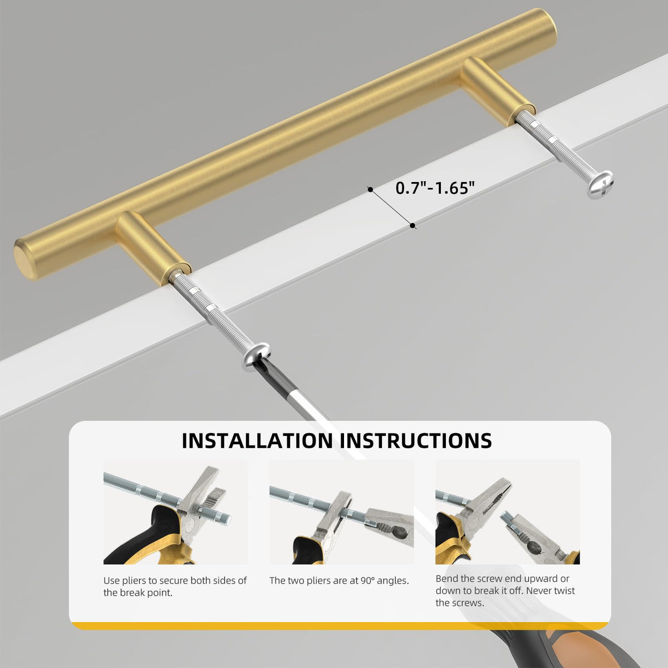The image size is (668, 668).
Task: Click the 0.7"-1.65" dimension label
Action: (x=435, y=188)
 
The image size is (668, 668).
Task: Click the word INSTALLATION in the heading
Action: (x=257, y=440)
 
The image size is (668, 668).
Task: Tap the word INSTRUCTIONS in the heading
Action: (x=416, y=440)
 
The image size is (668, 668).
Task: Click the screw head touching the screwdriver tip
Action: (x=256, y=356)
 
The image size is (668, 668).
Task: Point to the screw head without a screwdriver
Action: (x=600, y=184)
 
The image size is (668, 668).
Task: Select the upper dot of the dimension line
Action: (x=370, y=190)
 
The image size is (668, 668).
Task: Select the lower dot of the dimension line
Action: (x=412, y=225)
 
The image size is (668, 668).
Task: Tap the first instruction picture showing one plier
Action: (x=175, y=512)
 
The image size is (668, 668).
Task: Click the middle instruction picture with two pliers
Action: (x=341, y=512)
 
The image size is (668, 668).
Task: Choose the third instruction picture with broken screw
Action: (x=508, y=512)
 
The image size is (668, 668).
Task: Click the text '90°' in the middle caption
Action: (x=367, y=581)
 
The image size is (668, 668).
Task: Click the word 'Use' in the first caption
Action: (x=111, y=581)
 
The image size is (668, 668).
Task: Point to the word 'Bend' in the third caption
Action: (x=446, y=578)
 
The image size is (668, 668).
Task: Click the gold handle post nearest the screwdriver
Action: (x=153, y=248)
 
